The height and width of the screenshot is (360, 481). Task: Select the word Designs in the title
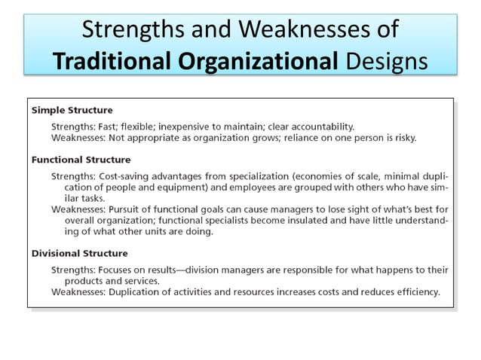[x=384, y=59]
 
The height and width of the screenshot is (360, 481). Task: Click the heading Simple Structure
[x=72, y=110]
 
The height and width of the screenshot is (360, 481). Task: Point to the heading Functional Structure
[x=81, y=160]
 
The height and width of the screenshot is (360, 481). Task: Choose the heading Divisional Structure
[x=79, y=253]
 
